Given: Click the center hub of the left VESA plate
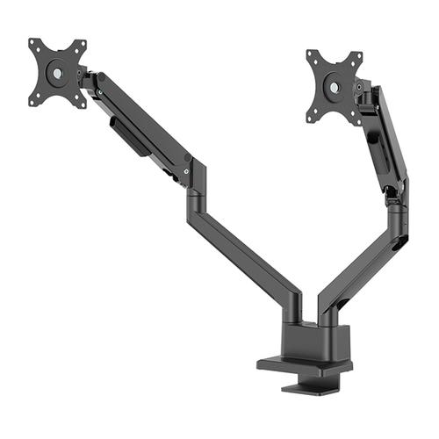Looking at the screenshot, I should (x=57, y=73).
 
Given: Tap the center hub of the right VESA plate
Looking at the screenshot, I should (x=335, y=87).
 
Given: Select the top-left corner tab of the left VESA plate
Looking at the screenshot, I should (x=34, y=43).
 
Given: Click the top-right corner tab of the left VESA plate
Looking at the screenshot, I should (x=82, y=44).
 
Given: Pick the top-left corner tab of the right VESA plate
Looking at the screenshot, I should (x=312, y=56).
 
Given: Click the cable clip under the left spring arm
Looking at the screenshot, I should (x=130, y=139).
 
